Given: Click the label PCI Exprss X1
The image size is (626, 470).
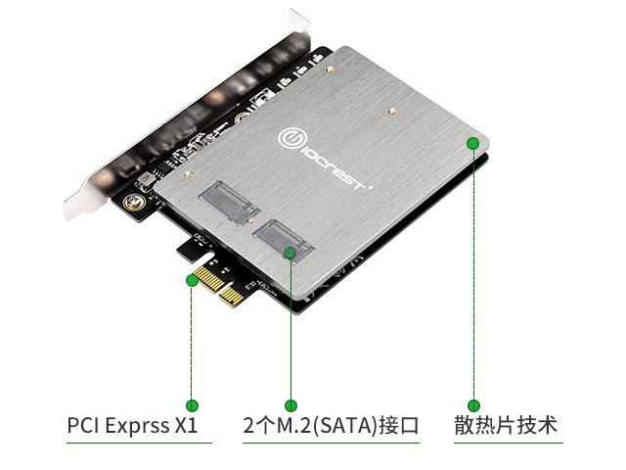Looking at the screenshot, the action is pyautogui.click(x=132, y=425).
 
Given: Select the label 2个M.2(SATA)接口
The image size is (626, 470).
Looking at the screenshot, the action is pyautogui.click(x=331, y=425).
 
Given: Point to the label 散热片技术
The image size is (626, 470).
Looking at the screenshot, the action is pyautogui.click(x=506, y=425).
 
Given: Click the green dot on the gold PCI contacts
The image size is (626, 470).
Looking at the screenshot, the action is pyautogui.click(x=192, y=280).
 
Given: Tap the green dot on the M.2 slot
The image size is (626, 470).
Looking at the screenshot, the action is pyautogui.click(x=291, y=253).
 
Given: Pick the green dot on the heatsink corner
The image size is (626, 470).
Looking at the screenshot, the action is pyautogui.click(x=473, y=143).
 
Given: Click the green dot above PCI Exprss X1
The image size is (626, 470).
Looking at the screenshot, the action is pyautogui.click(x=192, y=405).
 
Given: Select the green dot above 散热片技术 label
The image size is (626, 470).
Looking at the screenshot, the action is pyautogui.click(x=473, y=405).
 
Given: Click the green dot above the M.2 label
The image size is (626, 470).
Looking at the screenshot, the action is pyautogui.click(x=291, y=405).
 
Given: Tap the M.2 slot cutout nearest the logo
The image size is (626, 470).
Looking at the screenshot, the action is pyautogui.click(x=229, y=203).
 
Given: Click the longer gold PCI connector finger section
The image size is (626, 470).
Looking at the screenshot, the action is pyautogui.click(x=209, y=278).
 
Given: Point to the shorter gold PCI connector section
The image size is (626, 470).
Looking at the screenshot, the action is pyautogui.click(x=232, y=298).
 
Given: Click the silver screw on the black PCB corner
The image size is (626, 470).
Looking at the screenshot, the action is pyautogui.click(x=132, y=203).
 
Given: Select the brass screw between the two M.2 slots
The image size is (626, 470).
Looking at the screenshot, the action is pyautogui.click(x=250, y=220).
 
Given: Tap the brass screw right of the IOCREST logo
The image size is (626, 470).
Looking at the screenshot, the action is pyautogui.click(x=392, y=111).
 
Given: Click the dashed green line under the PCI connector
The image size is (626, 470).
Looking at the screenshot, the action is pyautogui.click(x=192, y=343).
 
